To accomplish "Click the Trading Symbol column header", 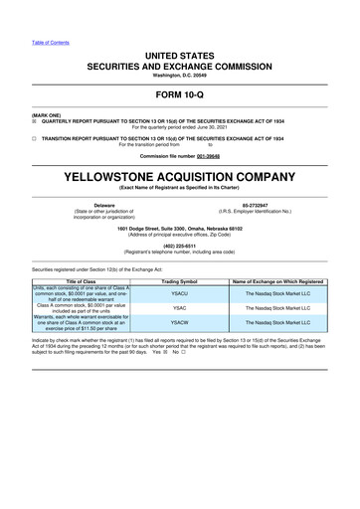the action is click(x=179, y=282).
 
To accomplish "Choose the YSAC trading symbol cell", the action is click(x=179, y=309).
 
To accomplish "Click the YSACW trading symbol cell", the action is click(x=179, y=323).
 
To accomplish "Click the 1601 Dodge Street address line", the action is click(x=179, y=229).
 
